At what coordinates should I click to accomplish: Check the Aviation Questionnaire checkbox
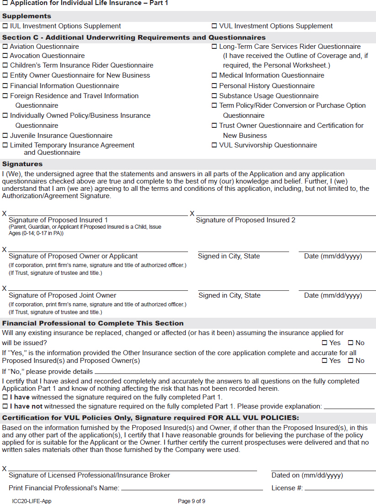coord(5,47)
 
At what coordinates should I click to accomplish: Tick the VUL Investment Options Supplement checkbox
coord(214,26)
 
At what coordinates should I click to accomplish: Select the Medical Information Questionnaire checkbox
coord(214,75)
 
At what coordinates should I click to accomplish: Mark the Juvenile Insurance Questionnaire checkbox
coord(5,136)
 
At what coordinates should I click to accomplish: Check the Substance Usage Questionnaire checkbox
coord(214,96)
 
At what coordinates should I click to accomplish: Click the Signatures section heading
coord(22,164)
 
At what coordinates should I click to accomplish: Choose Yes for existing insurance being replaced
coord(325,343)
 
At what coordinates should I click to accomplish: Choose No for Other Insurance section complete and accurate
coord(351,361)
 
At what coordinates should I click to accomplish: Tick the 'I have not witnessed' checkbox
coord(5,406)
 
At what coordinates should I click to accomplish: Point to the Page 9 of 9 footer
coord(192,501)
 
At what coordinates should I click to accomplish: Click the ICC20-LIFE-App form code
coord(32,501)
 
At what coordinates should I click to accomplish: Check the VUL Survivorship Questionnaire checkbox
coord(214,145)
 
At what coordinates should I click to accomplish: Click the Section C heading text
coord(134,37)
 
